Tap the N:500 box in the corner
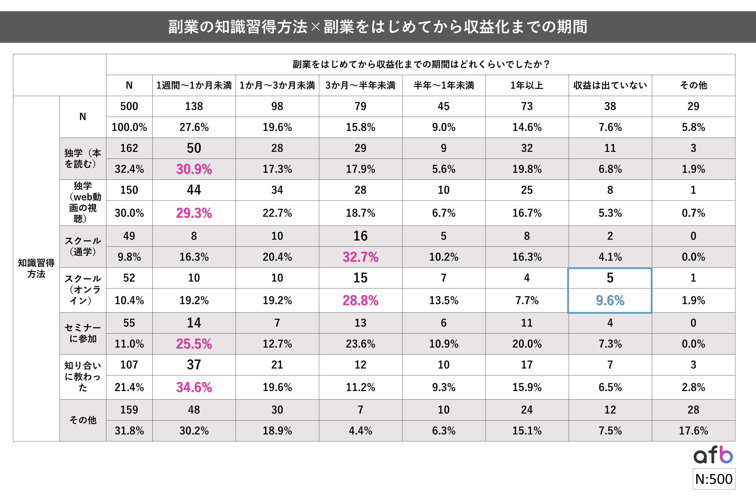point(714,479)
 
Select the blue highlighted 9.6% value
point(610,300)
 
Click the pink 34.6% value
point(194,387)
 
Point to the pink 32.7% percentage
point(360,257)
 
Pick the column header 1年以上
point(527,85)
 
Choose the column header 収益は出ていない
point(610,85)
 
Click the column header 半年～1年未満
point(443,85)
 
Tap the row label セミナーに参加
point(83,333)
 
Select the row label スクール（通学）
point(83,246)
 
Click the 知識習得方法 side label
point(36,268)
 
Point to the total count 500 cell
point(129,106)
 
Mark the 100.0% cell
point(129,127)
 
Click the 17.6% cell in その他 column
point(693,431)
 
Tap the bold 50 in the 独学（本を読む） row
point(194,148)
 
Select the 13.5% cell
point(443,300)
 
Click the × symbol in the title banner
point(315,27)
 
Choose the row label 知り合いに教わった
point(83,377)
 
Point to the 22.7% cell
point(277,213)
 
